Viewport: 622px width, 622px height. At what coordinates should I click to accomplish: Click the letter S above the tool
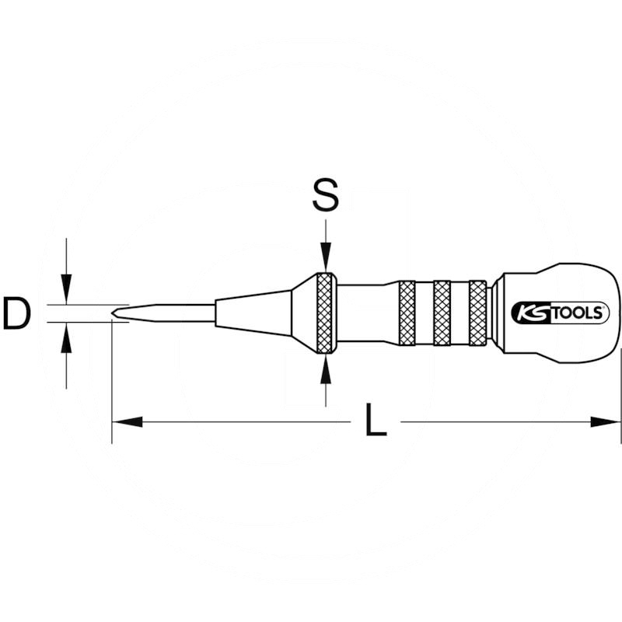(325, 197)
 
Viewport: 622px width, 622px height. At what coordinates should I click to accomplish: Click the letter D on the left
(16, 313)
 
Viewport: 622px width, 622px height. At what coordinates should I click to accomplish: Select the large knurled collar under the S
(326, 313)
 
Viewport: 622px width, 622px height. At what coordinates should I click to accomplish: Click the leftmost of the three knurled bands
(407, 313)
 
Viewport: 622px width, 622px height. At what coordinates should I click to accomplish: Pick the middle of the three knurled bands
(442, 313)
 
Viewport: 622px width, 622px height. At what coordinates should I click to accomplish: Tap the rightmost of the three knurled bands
(477, 313)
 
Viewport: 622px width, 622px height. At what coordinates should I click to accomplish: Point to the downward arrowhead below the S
(326, 260)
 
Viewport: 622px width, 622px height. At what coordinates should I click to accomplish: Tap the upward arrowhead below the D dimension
(67, 335)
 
